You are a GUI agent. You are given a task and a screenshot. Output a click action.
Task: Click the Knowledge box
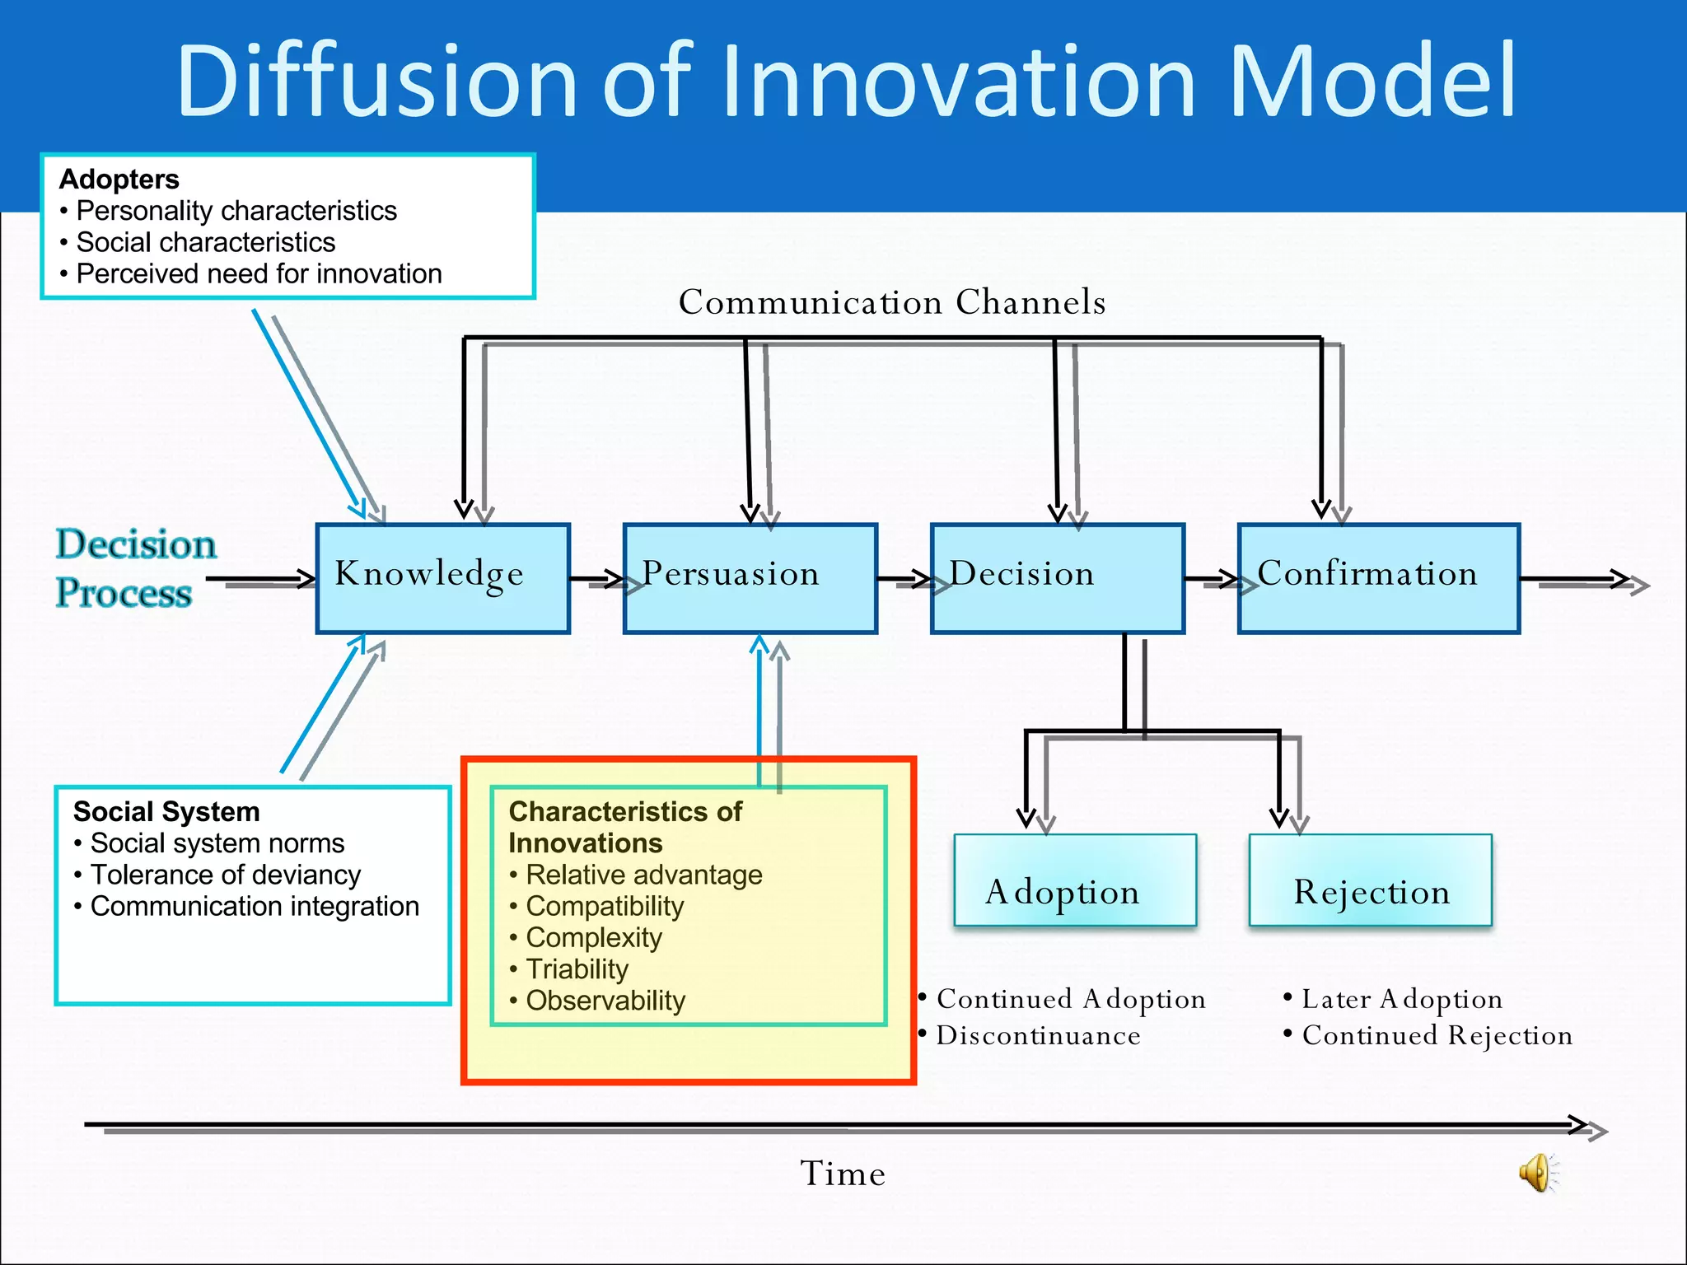click(442, 578)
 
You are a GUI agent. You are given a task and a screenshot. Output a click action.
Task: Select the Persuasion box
click(750, 578)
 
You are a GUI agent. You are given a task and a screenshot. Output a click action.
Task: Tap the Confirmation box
click(1378, 578)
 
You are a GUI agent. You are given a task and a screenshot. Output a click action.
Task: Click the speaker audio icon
click(1537, 1172)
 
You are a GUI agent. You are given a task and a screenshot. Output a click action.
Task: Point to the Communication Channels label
click(891, 302)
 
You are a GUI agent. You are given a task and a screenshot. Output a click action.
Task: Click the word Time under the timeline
click(842, 1174)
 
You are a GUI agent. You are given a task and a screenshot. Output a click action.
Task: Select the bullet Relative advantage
click(643, 875)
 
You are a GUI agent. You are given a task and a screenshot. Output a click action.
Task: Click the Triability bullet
click(577, 969)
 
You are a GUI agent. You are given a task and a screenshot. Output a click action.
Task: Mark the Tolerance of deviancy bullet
click(225, 875)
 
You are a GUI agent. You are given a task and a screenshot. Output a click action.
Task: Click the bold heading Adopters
click(119, 180)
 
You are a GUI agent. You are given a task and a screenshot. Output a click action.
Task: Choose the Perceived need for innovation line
click(259, 274)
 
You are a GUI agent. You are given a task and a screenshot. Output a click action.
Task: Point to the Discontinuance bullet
click(1038, 1035)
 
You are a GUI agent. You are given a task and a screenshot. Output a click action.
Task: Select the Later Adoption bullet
click(1401, 999)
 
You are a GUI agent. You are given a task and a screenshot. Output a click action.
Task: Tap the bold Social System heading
click(166, 812)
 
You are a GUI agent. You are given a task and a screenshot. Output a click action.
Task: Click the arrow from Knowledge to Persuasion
click(596, 580)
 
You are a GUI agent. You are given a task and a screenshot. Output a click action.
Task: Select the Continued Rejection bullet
click(1437, 1035)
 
